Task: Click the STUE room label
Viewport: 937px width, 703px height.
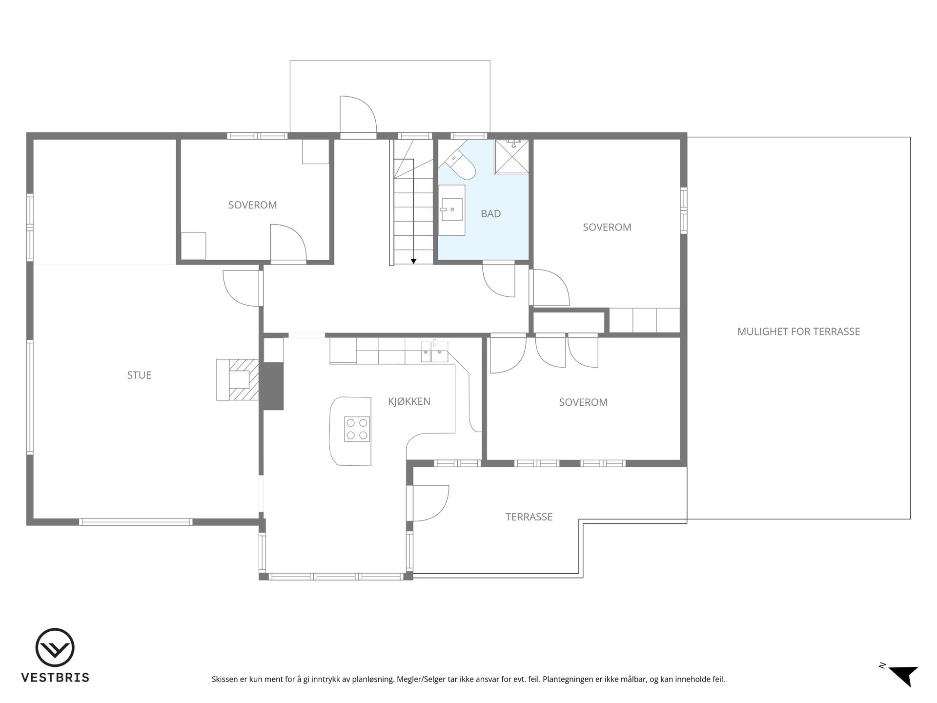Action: [x=139, y=375]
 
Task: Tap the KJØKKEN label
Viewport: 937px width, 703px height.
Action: [x=409, y=401]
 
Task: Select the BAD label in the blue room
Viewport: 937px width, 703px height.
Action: [x=490, y=213]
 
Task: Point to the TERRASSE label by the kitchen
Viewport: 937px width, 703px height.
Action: [x=529, y=517]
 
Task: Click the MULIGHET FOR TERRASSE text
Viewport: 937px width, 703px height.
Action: [x=798, y=331]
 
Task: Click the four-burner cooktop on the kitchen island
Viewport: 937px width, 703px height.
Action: [x=357, y=429]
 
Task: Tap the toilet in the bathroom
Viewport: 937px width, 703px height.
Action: [x=462, y=165]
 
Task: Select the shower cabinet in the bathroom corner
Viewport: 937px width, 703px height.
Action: [x=511, y=156]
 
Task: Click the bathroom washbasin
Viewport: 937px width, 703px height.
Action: [x=452, y=209]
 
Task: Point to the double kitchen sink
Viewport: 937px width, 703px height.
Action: [x=434, y=352]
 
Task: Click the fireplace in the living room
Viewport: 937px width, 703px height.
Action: [x=238, y=380]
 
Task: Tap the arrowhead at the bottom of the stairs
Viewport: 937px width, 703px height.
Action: [x=413, y=261]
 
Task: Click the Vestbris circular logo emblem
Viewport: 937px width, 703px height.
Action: [x=55, y=647]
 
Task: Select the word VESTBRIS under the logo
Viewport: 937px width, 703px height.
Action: [x=55, y=678]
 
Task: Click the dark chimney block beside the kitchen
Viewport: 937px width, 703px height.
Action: [x=273, y=386]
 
